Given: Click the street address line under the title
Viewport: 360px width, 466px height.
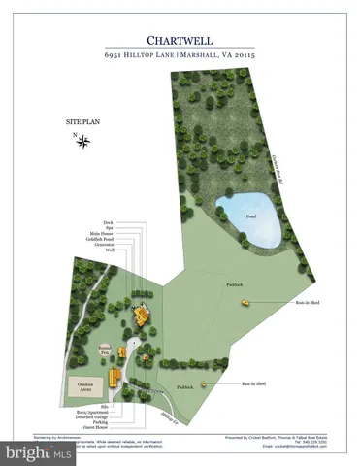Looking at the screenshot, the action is [180, 57].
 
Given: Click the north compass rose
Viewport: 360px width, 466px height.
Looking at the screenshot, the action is [83, 142].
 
